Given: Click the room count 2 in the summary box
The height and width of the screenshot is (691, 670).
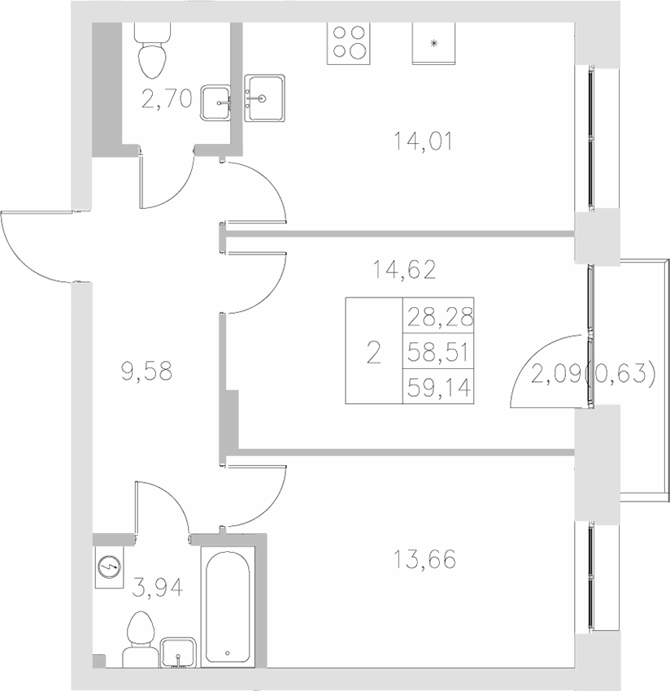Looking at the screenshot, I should click(x=373, y=352).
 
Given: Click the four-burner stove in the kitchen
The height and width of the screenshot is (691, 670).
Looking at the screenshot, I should click(x=347, y=41).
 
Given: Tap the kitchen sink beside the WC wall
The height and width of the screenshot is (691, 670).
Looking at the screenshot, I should click(x=266, y=98).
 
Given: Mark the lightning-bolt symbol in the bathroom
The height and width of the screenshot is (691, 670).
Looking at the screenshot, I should click(x=107, y=567).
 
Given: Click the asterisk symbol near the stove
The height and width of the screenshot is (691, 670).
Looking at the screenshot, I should click(x=433, y=44).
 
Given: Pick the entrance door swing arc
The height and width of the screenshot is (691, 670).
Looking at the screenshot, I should click(x=33, y=244).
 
